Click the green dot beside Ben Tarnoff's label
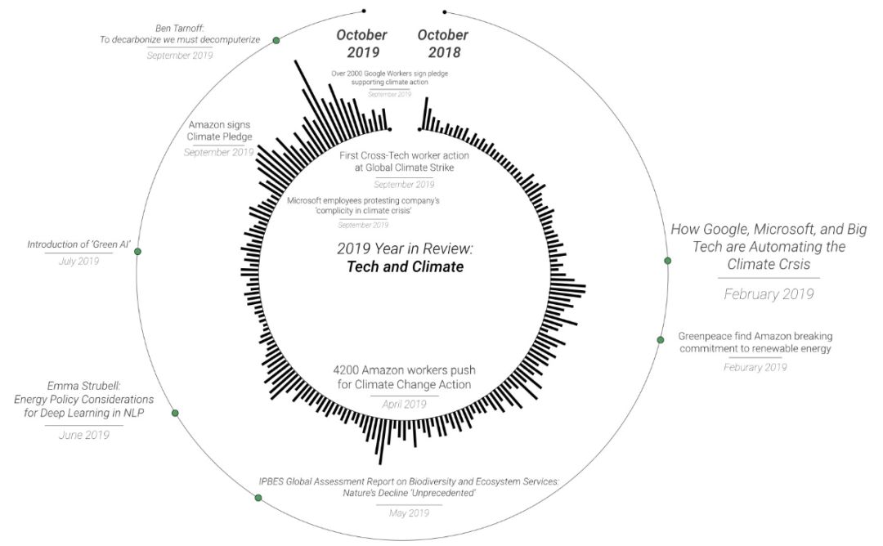coord(276,40)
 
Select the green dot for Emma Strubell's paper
coord(175,414)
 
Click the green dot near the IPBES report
coord(258,497)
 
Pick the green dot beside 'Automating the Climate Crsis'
coord(668,261)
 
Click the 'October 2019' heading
coord(361,44)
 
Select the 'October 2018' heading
coord(443,44)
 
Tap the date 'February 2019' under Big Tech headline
coord(769,294)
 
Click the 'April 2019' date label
coord(405,404)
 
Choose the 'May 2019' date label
coord(409,512)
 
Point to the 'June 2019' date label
coord(84,435)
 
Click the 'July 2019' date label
coord(78,261)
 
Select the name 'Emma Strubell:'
coord(83,385)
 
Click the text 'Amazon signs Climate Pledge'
coord(220,131)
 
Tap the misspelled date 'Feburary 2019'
coord(755,367)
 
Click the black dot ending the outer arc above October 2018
coord(445,12)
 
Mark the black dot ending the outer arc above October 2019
coord(364,11)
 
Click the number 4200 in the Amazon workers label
coord(347,369)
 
